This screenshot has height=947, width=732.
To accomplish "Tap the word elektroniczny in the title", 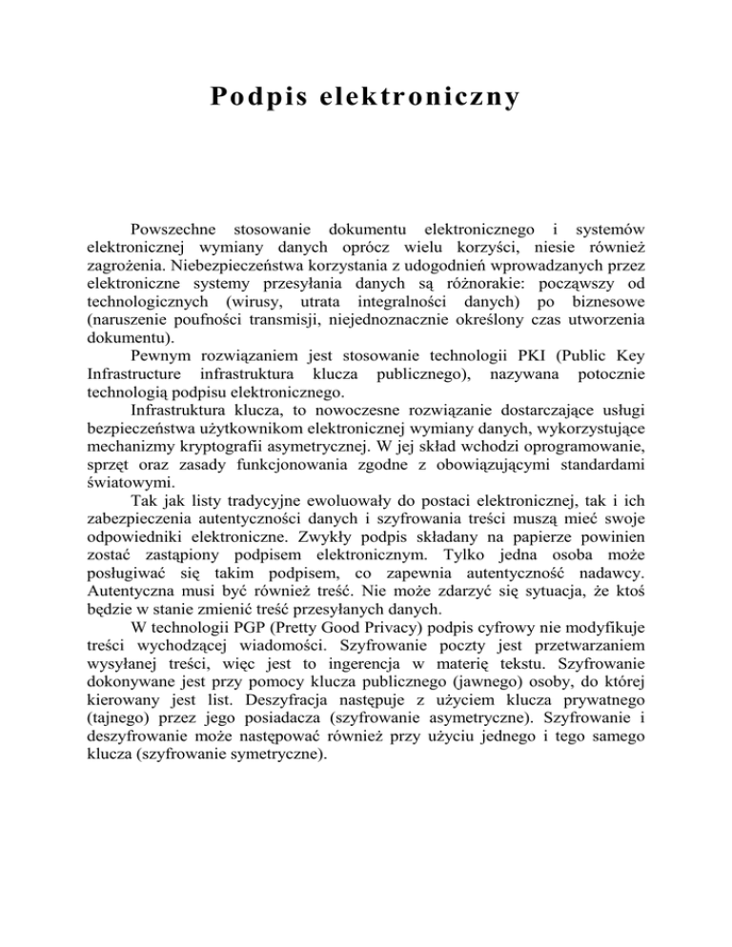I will (420, 98).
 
